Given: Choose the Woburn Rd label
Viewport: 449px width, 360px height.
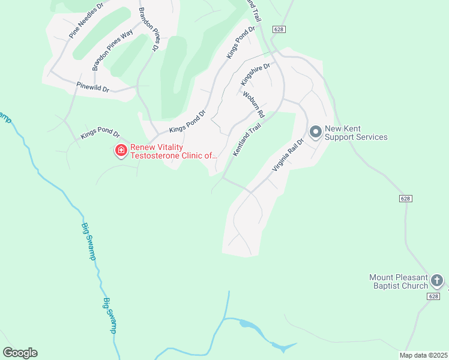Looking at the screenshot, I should [253, 104].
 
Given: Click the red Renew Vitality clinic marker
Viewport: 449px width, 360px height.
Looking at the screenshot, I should [121, 150].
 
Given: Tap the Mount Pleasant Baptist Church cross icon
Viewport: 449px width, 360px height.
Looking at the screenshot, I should [438, 280].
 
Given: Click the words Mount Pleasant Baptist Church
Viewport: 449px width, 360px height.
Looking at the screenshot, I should [398, 281].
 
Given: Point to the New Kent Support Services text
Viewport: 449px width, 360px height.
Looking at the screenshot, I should [356, 133].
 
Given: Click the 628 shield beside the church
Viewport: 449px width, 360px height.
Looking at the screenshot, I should [437, 296].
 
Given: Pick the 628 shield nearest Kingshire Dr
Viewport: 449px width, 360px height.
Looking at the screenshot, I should [277, 29].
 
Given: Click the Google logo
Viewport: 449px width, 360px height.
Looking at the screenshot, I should [20, 353].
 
